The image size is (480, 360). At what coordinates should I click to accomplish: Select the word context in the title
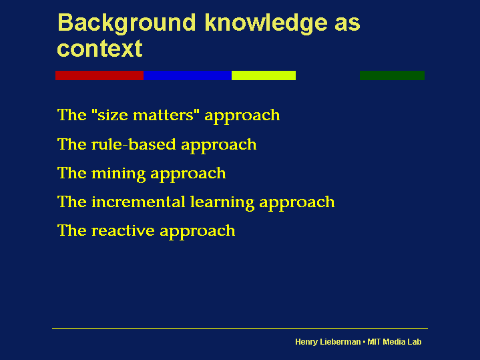(x=99, y=49)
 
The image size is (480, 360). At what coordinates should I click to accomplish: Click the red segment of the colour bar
(x=99, y=75)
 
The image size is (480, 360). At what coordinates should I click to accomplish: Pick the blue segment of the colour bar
(x=188, y=75)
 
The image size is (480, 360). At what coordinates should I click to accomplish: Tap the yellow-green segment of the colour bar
(x=264, y=75)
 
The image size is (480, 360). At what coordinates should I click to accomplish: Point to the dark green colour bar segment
(x=392, y=75)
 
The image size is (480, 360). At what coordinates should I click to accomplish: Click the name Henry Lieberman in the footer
(x=327, y=342)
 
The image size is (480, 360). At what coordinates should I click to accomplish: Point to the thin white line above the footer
(x=240, y=328)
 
